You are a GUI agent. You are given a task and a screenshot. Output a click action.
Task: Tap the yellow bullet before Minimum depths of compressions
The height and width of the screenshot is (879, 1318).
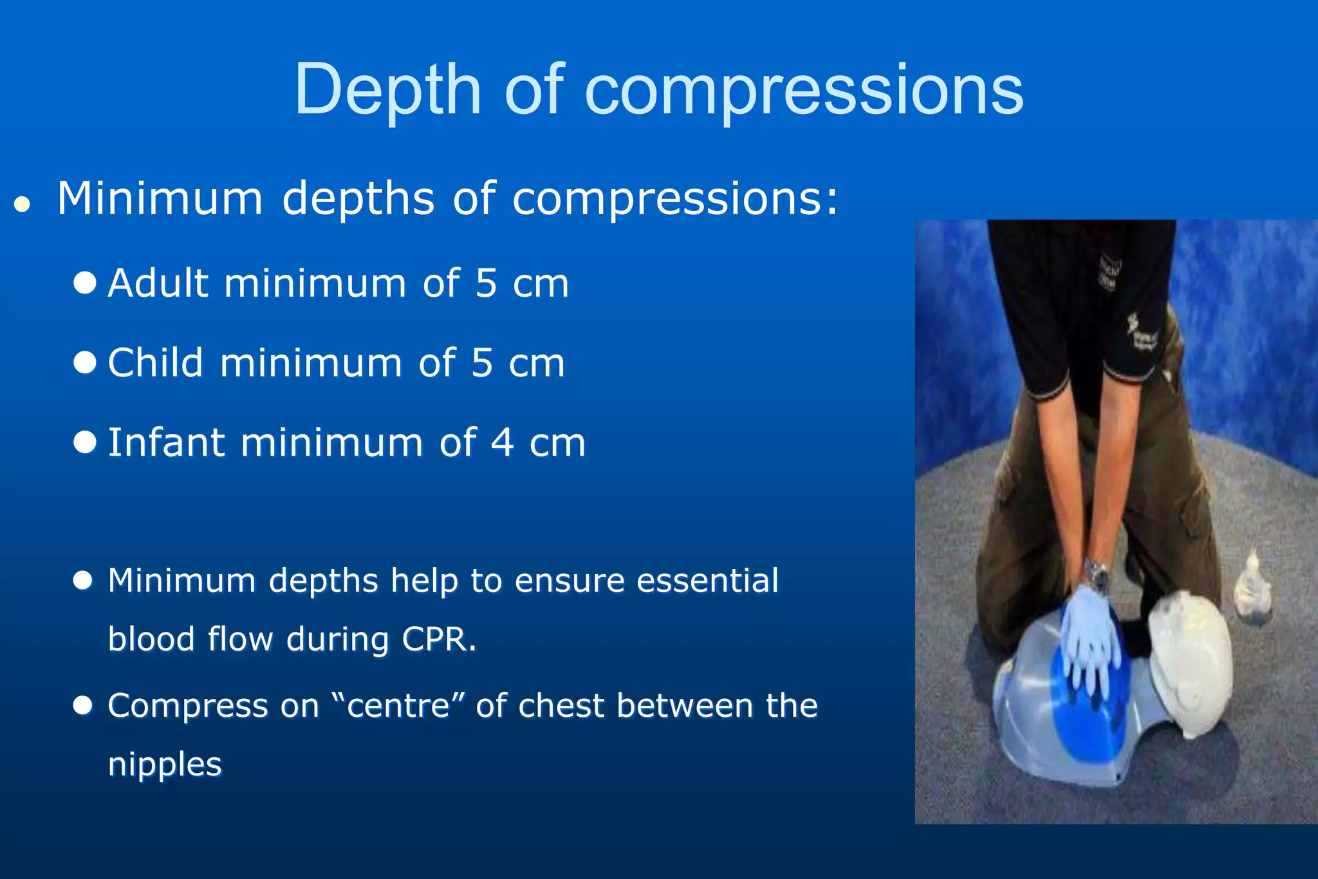23,204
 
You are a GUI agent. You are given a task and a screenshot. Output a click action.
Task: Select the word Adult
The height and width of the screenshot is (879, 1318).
158,283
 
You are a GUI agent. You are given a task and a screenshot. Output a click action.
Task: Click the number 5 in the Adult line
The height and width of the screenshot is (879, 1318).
486,283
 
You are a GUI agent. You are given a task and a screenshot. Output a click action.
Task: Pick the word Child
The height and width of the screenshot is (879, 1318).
155,363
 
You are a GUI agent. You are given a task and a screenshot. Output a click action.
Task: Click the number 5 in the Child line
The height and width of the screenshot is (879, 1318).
482,363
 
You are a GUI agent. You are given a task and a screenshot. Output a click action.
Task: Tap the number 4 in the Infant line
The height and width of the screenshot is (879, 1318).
502,443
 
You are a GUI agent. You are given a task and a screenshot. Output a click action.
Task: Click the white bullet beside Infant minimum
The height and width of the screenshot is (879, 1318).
85,442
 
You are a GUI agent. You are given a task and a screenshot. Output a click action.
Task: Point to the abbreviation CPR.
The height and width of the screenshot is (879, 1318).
438,640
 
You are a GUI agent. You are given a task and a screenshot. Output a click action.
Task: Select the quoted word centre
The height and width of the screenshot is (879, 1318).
398,705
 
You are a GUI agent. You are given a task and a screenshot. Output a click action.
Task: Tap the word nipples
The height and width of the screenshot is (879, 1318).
165,764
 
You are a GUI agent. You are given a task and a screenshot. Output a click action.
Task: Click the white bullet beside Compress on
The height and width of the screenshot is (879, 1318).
83,705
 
